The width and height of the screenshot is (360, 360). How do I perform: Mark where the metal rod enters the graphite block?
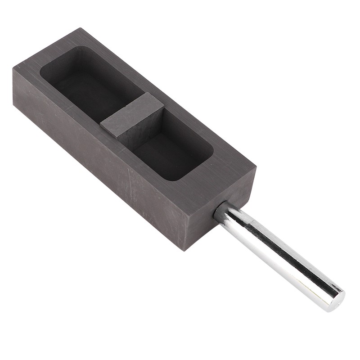pos(220,211)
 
